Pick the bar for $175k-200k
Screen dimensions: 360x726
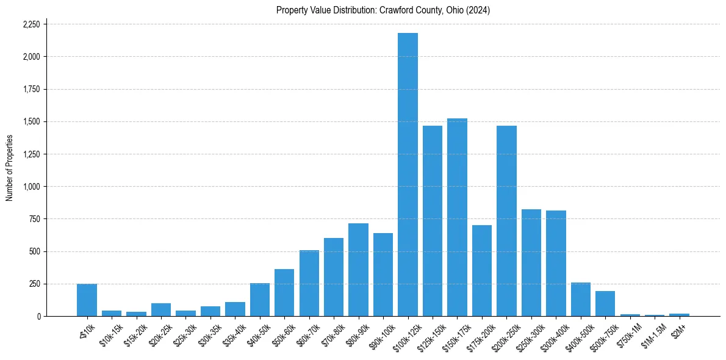tap(481, 271)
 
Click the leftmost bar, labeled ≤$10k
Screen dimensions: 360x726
tap(87, 300)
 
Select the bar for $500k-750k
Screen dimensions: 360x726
tap(605, 304)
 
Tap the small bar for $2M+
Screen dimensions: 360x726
tap(679, 315)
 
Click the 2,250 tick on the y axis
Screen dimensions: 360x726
tap(31, 24)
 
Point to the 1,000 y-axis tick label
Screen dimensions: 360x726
tap(31, 187)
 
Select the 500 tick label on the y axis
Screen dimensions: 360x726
tap(35, 251)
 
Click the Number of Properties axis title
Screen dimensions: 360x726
tap(10, 168)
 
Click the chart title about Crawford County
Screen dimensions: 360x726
tap(383, 10)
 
